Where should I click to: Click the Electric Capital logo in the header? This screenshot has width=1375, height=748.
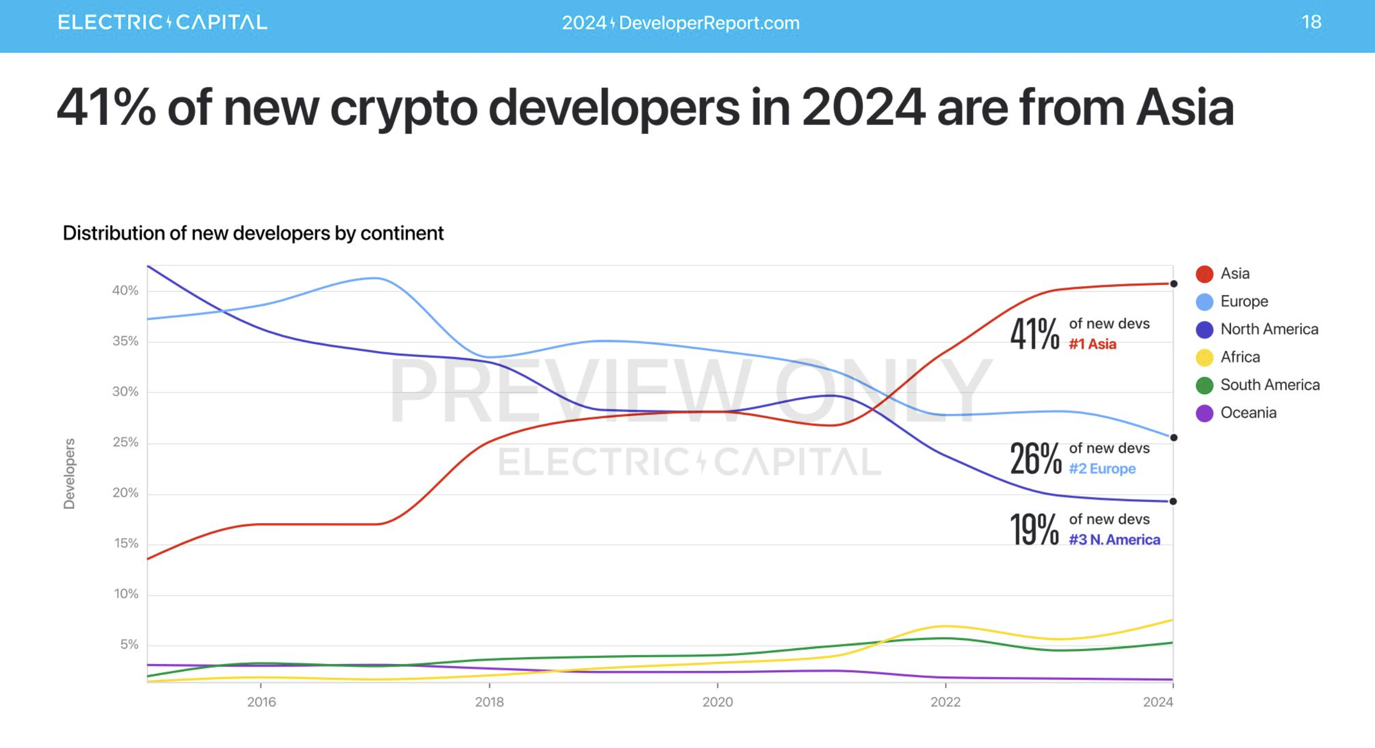click(163, 22)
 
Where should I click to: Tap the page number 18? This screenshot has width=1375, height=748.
click(1311, 22)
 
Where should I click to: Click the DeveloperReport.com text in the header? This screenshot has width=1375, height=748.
click(709, 23)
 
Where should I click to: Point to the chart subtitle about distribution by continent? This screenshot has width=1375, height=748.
click(253, 233)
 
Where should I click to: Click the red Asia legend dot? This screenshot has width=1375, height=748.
click(1204, 274)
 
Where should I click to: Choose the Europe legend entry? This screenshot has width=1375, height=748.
click(1244, 301)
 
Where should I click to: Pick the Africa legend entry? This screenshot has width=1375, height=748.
click(1239, 357)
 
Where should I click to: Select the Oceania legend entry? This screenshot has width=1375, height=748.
click(1248, 413)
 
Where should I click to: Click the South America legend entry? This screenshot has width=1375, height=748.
click(1269, 385)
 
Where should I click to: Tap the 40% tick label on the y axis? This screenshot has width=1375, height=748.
click(125, 291)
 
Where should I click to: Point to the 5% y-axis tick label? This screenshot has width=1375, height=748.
click(129, 645)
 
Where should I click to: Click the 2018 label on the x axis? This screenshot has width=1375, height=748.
click(489, 702)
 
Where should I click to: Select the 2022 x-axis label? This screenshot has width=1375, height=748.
click(946, 702)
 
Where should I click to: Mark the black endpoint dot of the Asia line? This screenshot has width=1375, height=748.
click(1173, 284)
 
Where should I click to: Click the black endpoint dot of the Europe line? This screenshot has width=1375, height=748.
click(1173, 437)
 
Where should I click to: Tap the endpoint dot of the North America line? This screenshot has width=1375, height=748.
click(1173, 501)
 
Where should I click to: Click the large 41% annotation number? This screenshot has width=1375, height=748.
click(1035, 334)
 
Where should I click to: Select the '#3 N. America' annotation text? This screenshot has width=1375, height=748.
click(1114, 540)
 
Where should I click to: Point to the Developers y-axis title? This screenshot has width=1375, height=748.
click(70, 473)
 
